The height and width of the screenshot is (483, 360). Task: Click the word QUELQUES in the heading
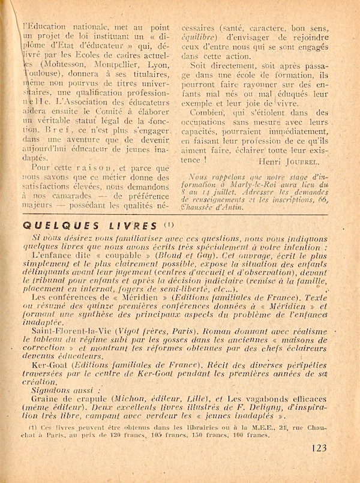(49, 226)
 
